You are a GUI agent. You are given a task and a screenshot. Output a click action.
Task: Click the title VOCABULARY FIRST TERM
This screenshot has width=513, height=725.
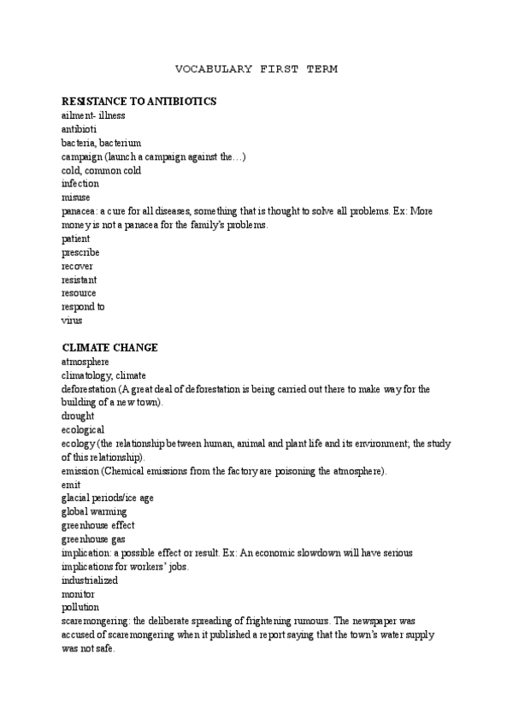tap(256, 69)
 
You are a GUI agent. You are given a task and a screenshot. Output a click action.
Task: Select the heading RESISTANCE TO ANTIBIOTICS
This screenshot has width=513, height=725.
tap(139, 102)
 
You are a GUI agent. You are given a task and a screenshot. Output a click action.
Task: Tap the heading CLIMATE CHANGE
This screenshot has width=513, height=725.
tap(109, 348)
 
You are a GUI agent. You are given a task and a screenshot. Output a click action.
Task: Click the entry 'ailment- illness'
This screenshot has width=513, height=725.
tap(93, 115)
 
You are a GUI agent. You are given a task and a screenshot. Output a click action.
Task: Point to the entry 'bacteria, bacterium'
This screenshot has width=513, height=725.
tap(101, 143)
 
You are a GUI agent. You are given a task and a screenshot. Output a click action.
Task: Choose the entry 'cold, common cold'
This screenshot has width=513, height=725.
tap(101, 170)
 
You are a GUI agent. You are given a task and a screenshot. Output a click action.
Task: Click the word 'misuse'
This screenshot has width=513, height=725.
tap(75, 197)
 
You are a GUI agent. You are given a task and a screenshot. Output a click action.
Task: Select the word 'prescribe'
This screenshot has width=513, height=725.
tap(80, 252)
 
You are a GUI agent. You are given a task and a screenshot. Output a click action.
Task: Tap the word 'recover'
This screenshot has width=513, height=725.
tap(77, 266)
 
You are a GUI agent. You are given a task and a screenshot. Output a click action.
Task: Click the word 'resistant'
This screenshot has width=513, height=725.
tap(79, 280)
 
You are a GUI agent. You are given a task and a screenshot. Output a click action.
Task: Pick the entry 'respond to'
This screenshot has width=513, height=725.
tap(83, 307)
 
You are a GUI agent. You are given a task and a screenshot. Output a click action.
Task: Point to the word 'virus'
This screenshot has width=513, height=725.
tap(71, 321)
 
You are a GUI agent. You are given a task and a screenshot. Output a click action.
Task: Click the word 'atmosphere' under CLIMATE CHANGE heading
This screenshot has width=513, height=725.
tap(85, 362)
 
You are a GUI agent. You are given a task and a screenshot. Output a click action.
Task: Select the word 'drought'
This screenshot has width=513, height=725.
tap(78, 416)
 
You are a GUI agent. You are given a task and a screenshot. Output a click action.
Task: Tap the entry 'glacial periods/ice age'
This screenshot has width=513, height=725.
tap(108, 498)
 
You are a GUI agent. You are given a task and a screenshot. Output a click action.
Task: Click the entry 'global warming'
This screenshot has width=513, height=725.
tap(93, 511)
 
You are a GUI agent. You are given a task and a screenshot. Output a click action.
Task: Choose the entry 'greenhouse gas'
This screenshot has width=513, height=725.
tap(94, 539)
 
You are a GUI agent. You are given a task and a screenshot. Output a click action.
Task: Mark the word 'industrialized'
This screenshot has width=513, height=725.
tap(90, 580)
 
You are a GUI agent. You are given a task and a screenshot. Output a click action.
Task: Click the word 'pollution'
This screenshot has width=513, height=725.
tap(80, 607)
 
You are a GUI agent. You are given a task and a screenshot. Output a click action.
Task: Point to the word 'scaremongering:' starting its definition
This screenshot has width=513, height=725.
tap(100, 621)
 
